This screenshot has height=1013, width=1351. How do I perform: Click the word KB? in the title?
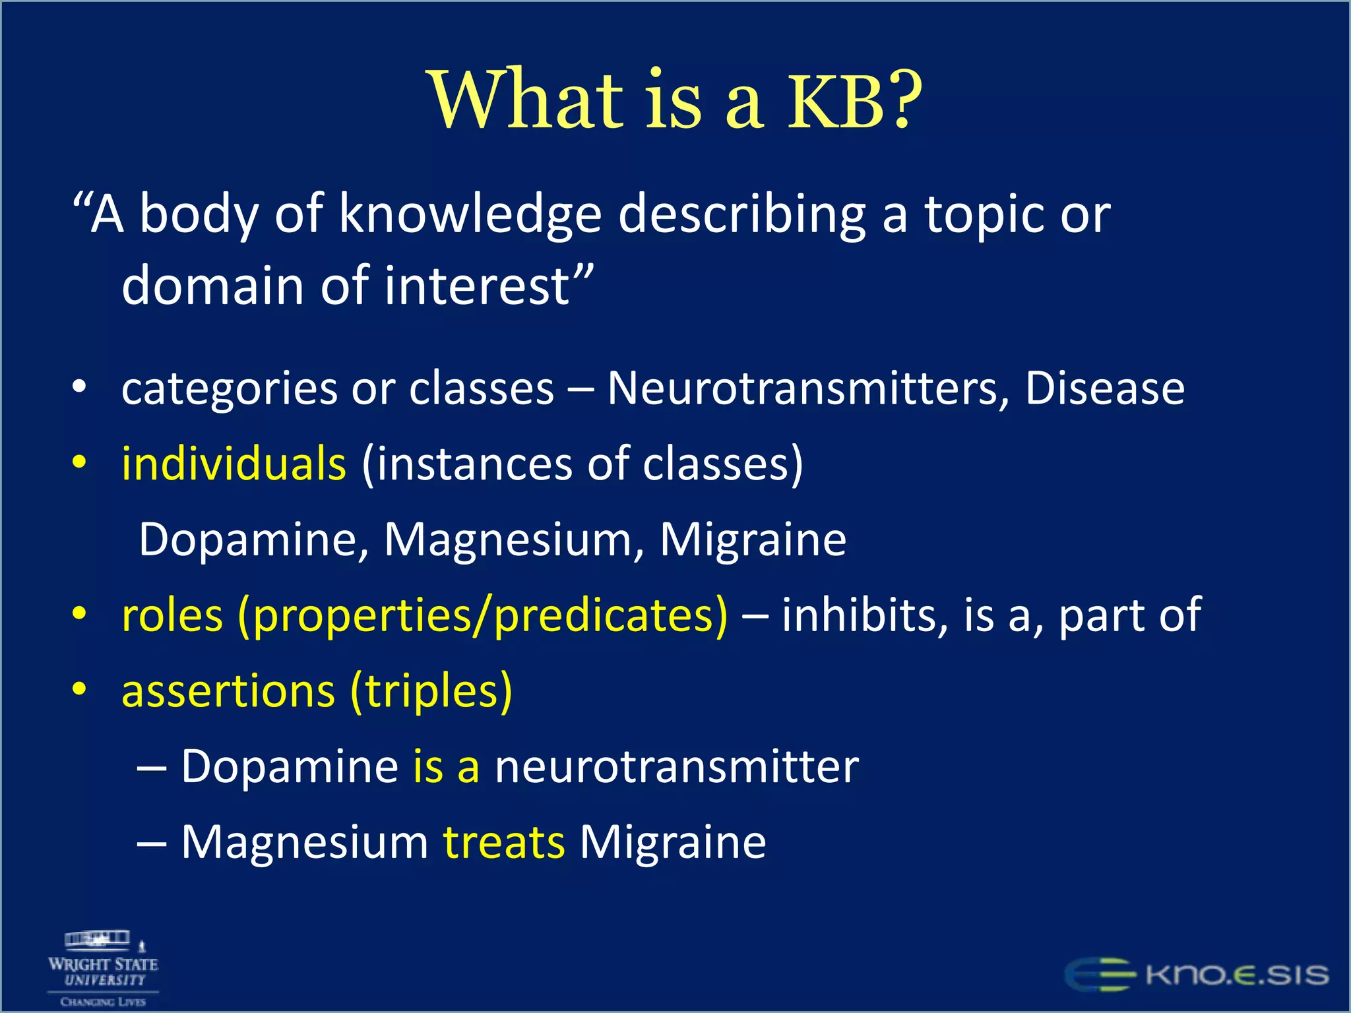click(855, 100)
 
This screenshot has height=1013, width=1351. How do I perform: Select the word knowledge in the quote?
click(470, 215)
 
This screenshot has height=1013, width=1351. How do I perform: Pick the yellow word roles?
click(172, 615)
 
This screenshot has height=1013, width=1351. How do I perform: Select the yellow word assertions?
click(228, 691)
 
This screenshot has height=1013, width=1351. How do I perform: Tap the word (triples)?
click(431, 691)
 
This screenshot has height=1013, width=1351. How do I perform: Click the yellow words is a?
click(447, 767)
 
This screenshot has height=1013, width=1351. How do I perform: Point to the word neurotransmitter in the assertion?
click(677, 767)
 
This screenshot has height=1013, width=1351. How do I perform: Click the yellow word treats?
click(504, 843)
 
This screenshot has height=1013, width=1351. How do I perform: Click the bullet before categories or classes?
click(79, 388)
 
